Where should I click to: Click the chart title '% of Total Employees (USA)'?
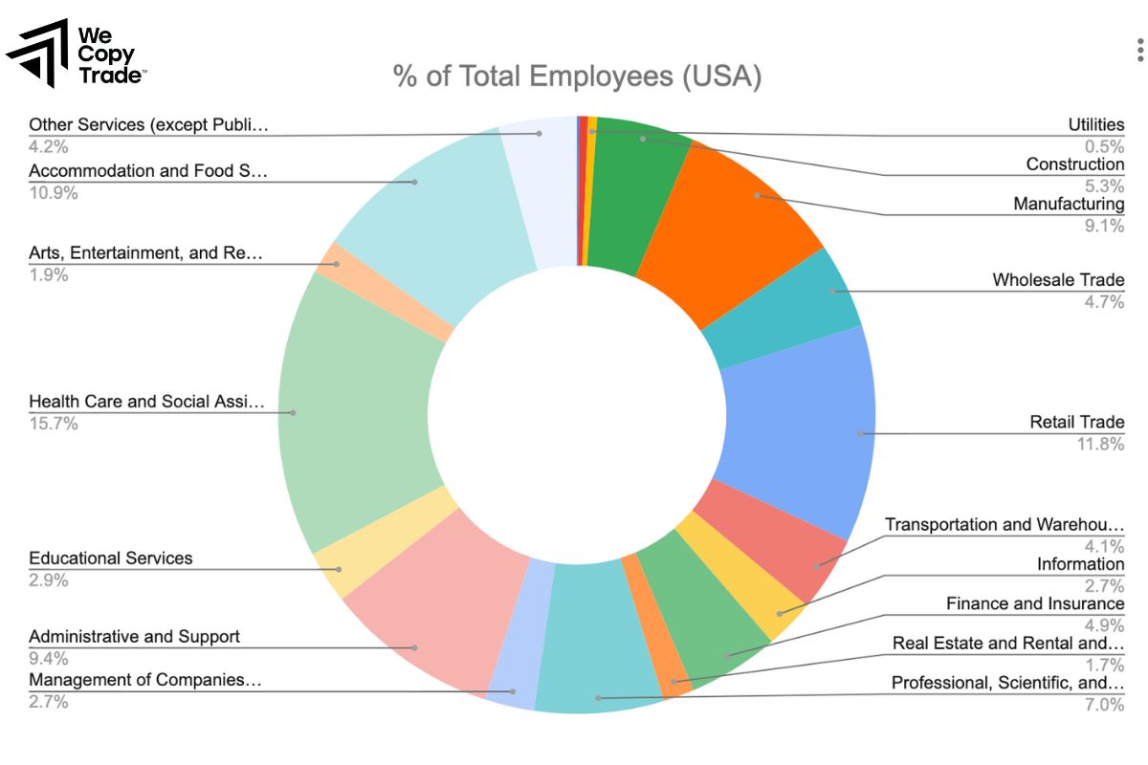[577, 76]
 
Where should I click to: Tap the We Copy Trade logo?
[77, 53]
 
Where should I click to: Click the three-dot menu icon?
[1138, 49]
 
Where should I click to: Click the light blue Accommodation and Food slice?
[430, 220]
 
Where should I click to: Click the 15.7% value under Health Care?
[54, 424]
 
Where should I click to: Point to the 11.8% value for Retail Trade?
[1103, 444]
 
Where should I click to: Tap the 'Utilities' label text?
[1095, 125]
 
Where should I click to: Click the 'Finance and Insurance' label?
[1035, 603]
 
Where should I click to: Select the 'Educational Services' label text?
[110, 558]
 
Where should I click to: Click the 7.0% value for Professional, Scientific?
[1105, 705]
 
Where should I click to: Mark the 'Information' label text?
[1080, 564]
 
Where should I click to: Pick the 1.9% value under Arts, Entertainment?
[49, 275]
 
